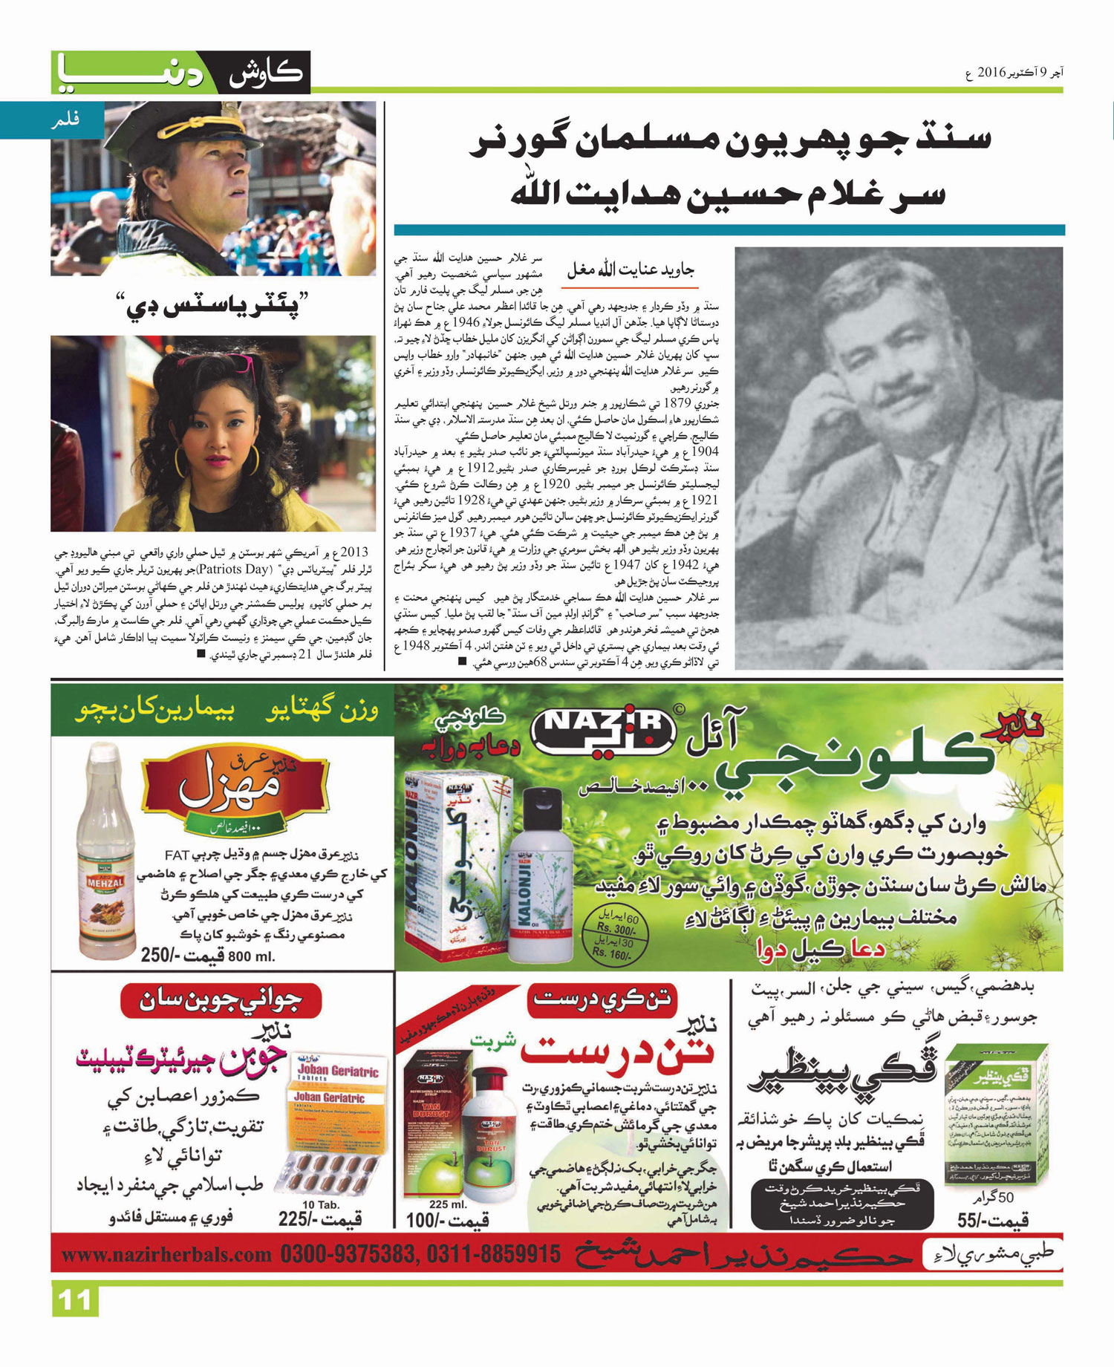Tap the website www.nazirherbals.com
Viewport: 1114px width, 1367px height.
[x=166, y=1256]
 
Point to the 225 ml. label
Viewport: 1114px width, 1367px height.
[x=447, y=1204]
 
